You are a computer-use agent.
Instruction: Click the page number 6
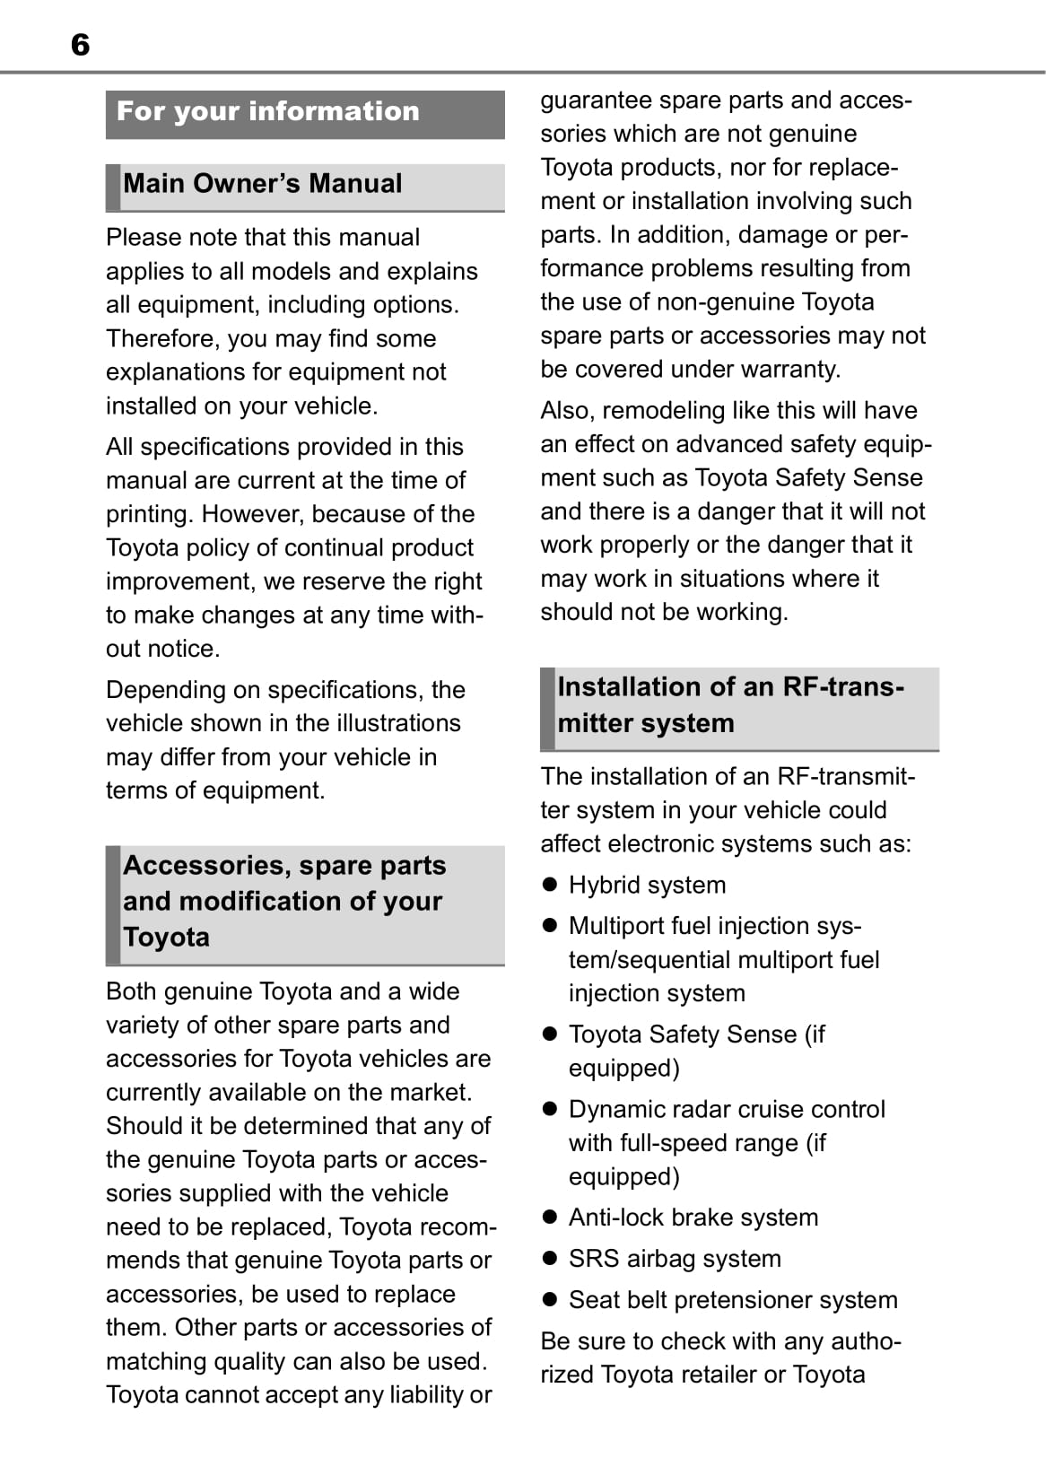pos(80,45)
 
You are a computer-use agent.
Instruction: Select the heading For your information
pos(268,111)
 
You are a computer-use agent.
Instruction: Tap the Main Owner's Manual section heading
pos(263,184)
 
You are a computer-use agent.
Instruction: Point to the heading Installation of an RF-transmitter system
pos(730,705)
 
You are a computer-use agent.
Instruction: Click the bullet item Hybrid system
pos(647,886)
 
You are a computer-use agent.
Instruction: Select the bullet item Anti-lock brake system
pos(693,1218)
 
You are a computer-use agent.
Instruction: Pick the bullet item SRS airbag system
pos(675,1259)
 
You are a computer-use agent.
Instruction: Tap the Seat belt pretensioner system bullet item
pos(733,1300)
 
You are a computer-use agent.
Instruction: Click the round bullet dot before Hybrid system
pos(550,885)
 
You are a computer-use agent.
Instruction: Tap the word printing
pos(149,515)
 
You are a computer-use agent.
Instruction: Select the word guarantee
pos(596,100)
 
